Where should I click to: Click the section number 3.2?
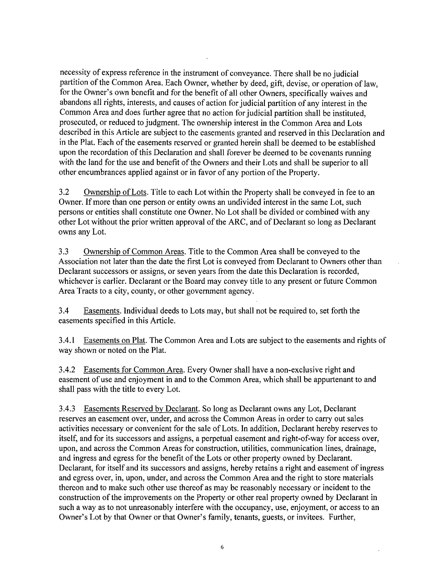(x=64, y=193)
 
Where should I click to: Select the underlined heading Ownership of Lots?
(x=115, y=193)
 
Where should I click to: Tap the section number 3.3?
(x=64, y=252)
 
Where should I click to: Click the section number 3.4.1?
(x=67, y=340)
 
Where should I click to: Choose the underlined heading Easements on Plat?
(x=114, y=340)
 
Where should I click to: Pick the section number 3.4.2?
(x=67, y=370)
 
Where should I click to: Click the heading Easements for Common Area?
(x=133, y=370)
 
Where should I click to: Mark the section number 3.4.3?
(x=67, y=409)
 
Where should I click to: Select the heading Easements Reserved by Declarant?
(x=141, y=409)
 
